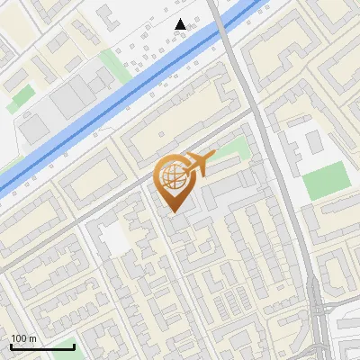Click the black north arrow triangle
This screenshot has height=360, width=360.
181,24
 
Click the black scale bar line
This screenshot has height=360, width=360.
42,346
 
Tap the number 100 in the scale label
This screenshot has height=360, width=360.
19,338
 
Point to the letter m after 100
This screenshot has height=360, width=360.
31,338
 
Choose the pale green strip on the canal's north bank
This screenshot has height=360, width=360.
112,63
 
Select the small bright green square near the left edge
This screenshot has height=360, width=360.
22,94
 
